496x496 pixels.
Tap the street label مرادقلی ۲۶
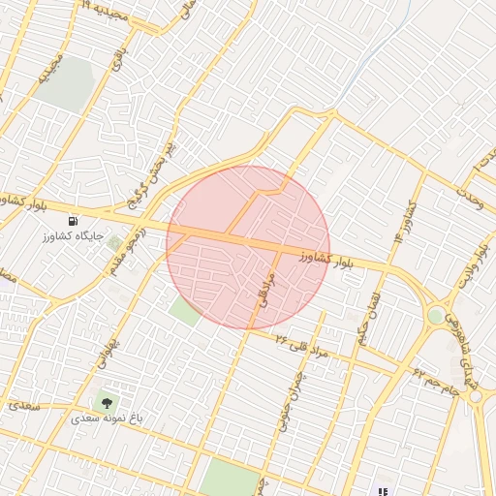coord(302,346)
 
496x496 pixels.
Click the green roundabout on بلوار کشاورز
coord(436,315)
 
